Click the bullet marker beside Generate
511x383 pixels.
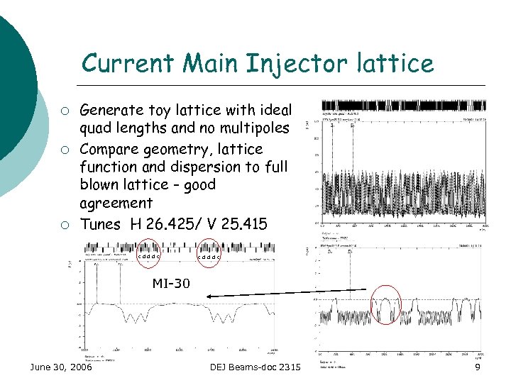tap(65, 111)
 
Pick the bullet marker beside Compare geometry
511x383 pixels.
tap(65, 150)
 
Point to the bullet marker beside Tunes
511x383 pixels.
tap(65, 226)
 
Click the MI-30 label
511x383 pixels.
tap(171, 284)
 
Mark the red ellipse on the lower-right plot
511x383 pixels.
tap(386, 305)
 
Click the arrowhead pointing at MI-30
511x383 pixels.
tap(206, 294)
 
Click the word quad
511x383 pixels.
tap(98, 129)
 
